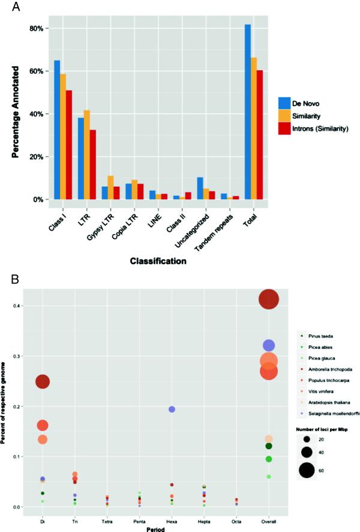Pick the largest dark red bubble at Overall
[269, 299]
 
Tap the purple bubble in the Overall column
[269, 345]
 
